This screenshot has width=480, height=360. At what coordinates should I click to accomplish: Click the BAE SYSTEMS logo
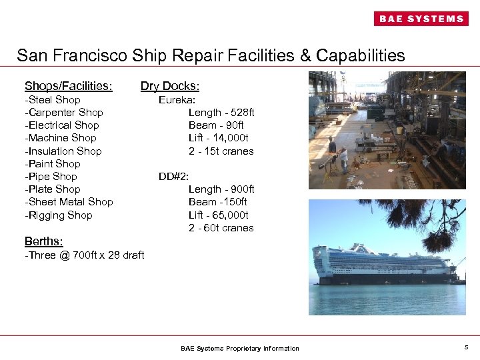coord(421,19)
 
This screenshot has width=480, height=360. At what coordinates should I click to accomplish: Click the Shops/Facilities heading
coord(68,86)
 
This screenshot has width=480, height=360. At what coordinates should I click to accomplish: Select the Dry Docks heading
coord(170,86)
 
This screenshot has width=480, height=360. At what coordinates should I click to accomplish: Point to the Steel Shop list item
coord(53,100)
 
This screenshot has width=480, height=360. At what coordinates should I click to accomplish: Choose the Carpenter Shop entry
coord(64,113)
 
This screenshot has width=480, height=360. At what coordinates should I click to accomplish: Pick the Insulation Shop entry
coord(63,151)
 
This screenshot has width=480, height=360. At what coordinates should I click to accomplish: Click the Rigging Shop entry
coord(59,215)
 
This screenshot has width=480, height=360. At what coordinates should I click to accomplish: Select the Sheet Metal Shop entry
coord(69,202)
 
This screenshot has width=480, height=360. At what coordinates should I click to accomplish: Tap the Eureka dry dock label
coord(177,100)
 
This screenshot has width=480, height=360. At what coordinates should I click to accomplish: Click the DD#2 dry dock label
coord(174,177)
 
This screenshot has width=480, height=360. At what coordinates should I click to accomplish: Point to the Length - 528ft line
coord(221,113)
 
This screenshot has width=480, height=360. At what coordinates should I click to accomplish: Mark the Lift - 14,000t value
coord(219,138)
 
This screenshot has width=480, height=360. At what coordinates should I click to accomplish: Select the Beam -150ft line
coord(218,202)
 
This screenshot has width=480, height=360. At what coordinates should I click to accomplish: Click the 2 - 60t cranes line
coord(221,228)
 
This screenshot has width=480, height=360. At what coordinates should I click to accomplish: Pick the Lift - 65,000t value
coord(219,215)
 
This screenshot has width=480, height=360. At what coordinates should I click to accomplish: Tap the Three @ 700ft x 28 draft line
coord(84,255)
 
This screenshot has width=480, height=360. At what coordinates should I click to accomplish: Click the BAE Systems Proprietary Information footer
coord(240,349)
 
